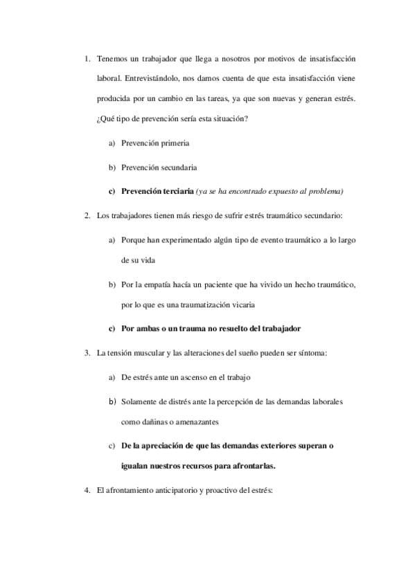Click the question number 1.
pos(87,58)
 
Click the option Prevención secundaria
pos(159,167)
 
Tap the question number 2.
pos(87,215)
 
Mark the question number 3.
pos(87,353)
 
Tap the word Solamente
pos(143,401)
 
